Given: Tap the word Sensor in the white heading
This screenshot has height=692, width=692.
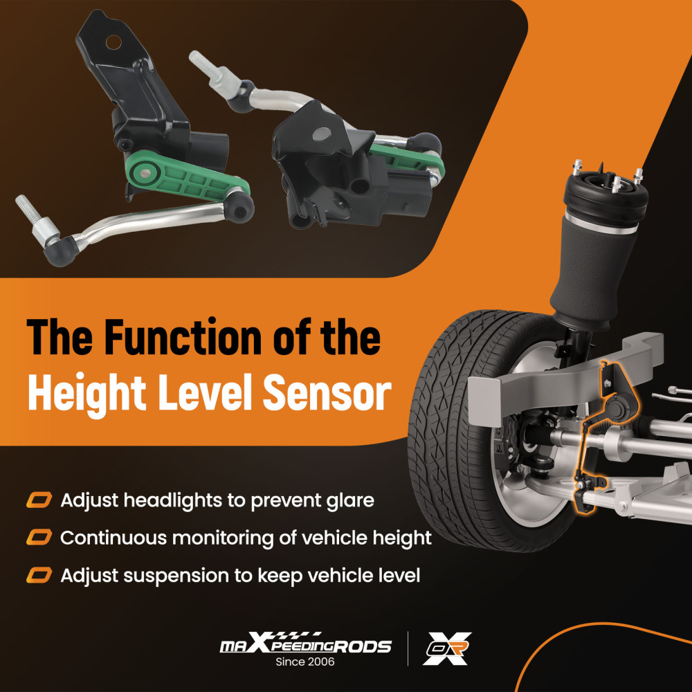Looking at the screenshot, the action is point(327,392).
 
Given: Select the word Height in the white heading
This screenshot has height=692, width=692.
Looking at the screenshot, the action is point(87,394).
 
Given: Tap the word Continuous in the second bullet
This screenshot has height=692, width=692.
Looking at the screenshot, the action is point(113,538).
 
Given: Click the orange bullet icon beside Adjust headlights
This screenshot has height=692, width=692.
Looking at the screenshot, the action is point(39,500).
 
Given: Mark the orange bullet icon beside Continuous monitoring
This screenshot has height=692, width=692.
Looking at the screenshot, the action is point(39,538).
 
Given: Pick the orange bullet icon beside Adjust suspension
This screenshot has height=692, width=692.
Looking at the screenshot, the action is point(39,576).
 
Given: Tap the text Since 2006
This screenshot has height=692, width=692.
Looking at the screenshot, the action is point(305,662).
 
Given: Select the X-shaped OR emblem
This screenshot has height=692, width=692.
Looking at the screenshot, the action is point(446,648).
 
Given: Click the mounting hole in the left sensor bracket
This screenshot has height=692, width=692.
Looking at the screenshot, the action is point(113,42).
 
